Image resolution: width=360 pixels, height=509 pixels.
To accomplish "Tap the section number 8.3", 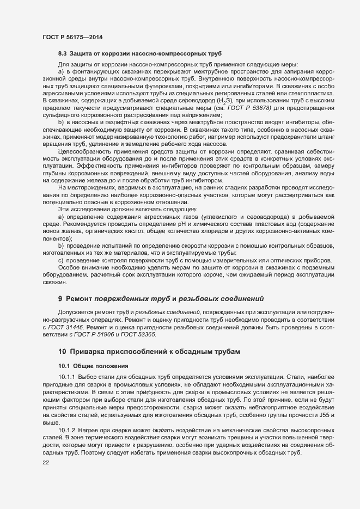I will (62, 54).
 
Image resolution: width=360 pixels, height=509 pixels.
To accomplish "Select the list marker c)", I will (62, 260).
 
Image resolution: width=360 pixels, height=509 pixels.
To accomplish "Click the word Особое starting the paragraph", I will (69, 268).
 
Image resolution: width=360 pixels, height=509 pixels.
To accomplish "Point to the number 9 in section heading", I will (60, 299).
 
